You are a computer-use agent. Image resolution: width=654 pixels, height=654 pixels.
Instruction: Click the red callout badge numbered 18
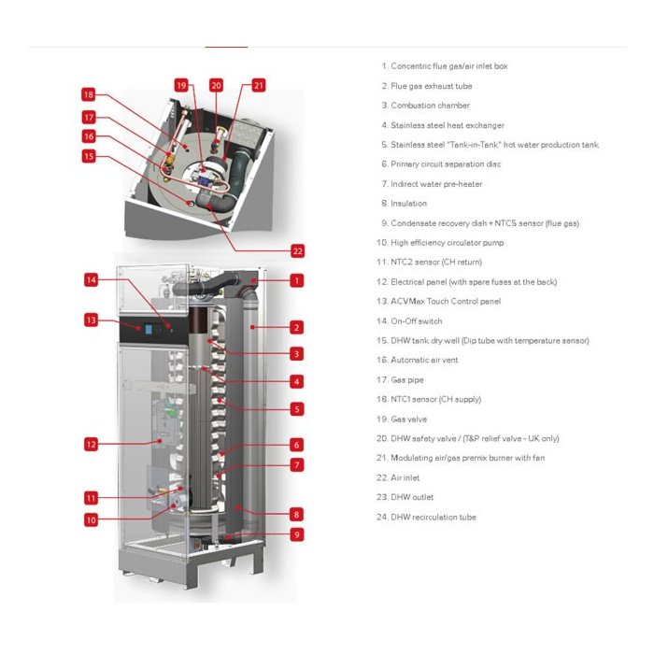click(89, 94)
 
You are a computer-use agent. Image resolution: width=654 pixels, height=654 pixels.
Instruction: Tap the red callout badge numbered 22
click(297, 251)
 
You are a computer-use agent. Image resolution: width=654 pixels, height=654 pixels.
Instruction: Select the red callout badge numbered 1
click(297, 280)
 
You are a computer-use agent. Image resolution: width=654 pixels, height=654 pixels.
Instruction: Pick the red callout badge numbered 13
click(91, 320)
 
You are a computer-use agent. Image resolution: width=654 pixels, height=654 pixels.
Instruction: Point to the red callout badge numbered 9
click(297, 534)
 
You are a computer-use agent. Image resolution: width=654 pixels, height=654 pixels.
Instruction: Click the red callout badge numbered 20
click(216, 86)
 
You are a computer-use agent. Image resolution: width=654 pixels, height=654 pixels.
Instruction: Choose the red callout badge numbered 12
click(91, 444)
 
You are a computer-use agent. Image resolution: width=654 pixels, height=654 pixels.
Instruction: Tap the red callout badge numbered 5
click(297, 409)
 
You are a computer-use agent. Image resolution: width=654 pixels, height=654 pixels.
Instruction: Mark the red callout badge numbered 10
click(91, 520)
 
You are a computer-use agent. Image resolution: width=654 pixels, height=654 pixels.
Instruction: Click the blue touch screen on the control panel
click(149, 330)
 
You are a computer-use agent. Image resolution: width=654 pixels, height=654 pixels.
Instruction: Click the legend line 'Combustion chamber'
click(425, 106)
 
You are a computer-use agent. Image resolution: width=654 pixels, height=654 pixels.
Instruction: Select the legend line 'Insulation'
click(405, 204)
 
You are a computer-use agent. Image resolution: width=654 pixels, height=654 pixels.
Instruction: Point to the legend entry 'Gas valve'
click(402, 419)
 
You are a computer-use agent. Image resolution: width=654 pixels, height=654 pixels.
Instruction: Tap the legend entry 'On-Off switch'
click(409, 321)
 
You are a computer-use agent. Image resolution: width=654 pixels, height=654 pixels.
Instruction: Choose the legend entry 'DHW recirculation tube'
click(426, 518)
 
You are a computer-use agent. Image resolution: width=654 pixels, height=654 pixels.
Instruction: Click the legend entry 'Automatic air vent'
click(417, 360)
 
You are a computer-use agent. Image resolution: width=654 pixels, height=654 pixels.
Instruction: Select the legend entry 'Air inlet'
click(398, 478)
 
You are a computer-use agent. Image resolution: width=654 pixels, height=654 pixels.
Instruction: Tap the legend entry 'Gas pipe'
click(400, 380)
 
